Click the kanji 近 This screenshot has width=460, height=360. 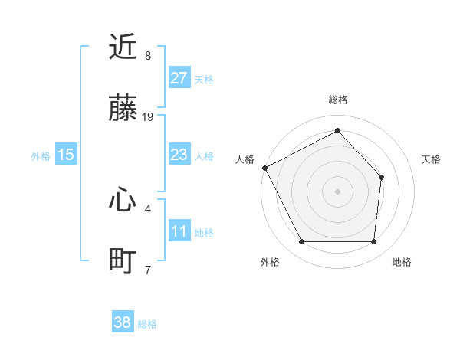(123, 47)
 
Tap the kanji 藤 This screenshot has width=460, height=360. (123, 110)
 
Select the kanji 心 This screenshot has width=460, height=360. (123, 201)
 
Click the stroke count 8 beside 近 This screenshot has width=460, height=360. (148, 56)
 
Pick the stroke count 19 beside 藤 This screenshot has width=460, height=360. (148, 117)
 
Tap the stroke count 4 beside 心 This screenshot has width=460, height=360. (148, 208)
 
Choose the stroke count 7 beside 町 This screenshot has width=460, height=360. (148, 270)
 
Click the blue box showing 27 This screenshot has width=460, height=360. (179, 78)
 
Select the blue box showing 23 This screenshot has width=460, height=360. (179, 155)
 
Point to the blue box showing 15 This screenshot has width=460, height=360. (66, 155)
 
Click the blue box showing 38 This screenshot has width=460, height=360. (123, 322)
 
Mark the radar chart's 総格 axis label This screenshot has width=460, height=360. (338, 100)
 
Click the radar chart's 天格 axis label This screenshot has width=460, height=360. (432, 159)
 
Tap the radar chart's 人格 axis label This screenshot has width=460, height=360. (245, 159)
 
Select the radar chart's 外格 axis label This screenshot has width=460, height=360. (270, 262)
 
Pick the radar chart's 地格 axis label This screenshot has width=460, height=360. (402, 262)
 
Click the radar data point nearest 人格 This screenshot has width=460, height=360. (264, 168)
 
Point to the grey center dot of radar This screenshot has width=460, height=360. (337, 191)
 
